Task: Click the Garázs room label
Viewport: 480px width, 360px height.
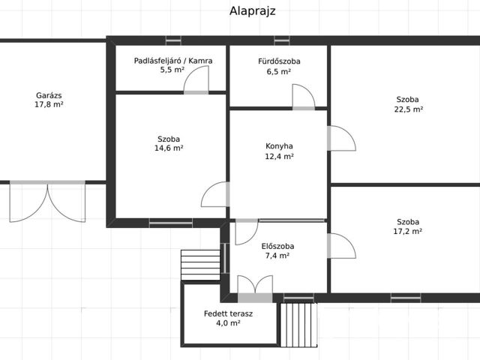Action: coord(49,95)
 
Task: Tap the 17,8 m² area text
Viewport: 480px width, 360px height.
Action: coord(49,106)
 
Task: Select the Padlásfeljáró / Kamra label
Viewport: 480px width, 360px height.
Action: coord(173,60)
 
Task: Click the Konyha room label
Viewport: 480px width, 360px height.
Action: coord(279,146)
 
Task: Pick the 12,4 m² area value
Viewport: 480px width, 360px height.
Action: coord(279,157)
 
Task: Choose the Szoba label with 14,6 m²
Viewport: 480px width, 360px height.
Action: coord(169,139)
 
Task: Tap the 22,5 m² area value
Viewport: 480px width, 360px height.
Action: coord(409,109)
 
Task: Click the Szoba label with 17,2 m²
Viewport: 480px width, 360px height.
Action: coord(409,221)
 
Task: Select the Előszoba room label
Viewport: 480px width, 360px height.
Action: coord(277,246)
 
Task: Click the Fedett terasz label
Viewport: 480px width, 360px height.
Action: coord(228,313)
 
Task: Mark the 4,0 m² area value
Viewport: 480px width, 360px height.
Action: coord(228,323)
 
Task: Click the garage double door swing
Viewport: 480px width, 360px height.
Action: coord(48,203)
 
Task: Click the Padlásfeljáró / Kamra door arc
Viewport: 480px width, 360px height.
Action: coord(196,79)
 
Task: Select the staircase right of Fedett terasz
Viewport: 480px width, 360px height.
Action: coord(298,324)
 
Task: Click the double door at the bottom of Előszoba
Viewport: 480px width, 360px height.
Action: coord(255,286)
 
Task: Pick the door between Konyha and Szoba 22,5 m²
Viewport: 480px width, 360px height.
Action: coord(340,138)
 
